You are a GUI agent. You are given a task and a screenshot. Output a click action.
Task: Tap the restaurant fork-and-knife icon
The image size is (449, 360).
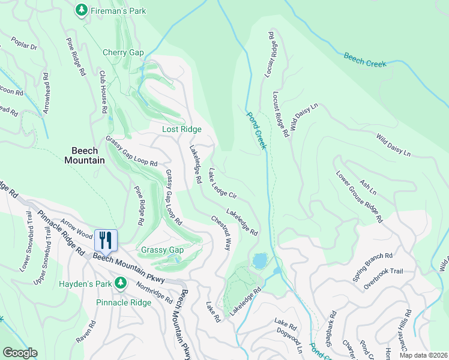click(106, 241)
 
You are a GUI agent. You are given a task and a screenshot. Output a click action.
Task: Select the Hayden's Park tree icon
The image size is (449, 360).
click(121, 283)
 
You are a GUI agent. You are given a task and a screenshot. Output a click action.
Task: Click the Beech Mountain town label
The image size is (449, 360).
click(85, 155)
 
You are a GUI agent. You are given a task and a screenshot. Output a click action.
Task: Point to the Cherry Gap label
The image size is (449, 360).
click(123, 53)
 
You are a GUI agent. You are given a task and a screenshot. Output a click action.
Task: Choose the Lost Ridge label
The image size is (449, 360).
click(182, 129)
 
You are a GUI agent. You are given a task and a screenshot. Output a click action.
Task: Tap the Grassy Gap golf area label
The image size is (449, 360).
click(162, 250)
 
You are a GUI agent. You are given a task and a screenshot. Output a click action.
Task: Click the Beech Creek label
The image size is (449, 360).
click(365, 60)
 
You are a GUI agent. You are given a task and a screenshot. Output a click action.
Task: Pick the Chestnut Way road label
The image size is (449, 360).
click(220, 233)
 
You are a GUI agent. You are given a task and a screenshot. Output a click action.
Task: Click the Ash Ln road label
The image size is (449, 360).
click(367, 187)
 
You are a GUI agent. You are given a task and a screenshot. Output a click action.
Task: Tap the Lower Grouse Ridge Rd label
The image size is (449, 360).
click(359, 197)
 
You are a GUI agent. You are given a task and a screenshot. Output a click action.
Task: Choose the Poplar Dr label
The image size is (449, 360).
click(24, 44)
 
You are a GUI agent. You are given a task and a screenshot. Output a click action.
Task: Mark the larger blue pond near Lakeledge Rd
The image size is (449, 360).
click(260, 260)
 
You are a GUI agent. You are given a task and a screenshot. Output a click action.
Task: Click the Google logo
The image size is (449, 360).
click(20, 353)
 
